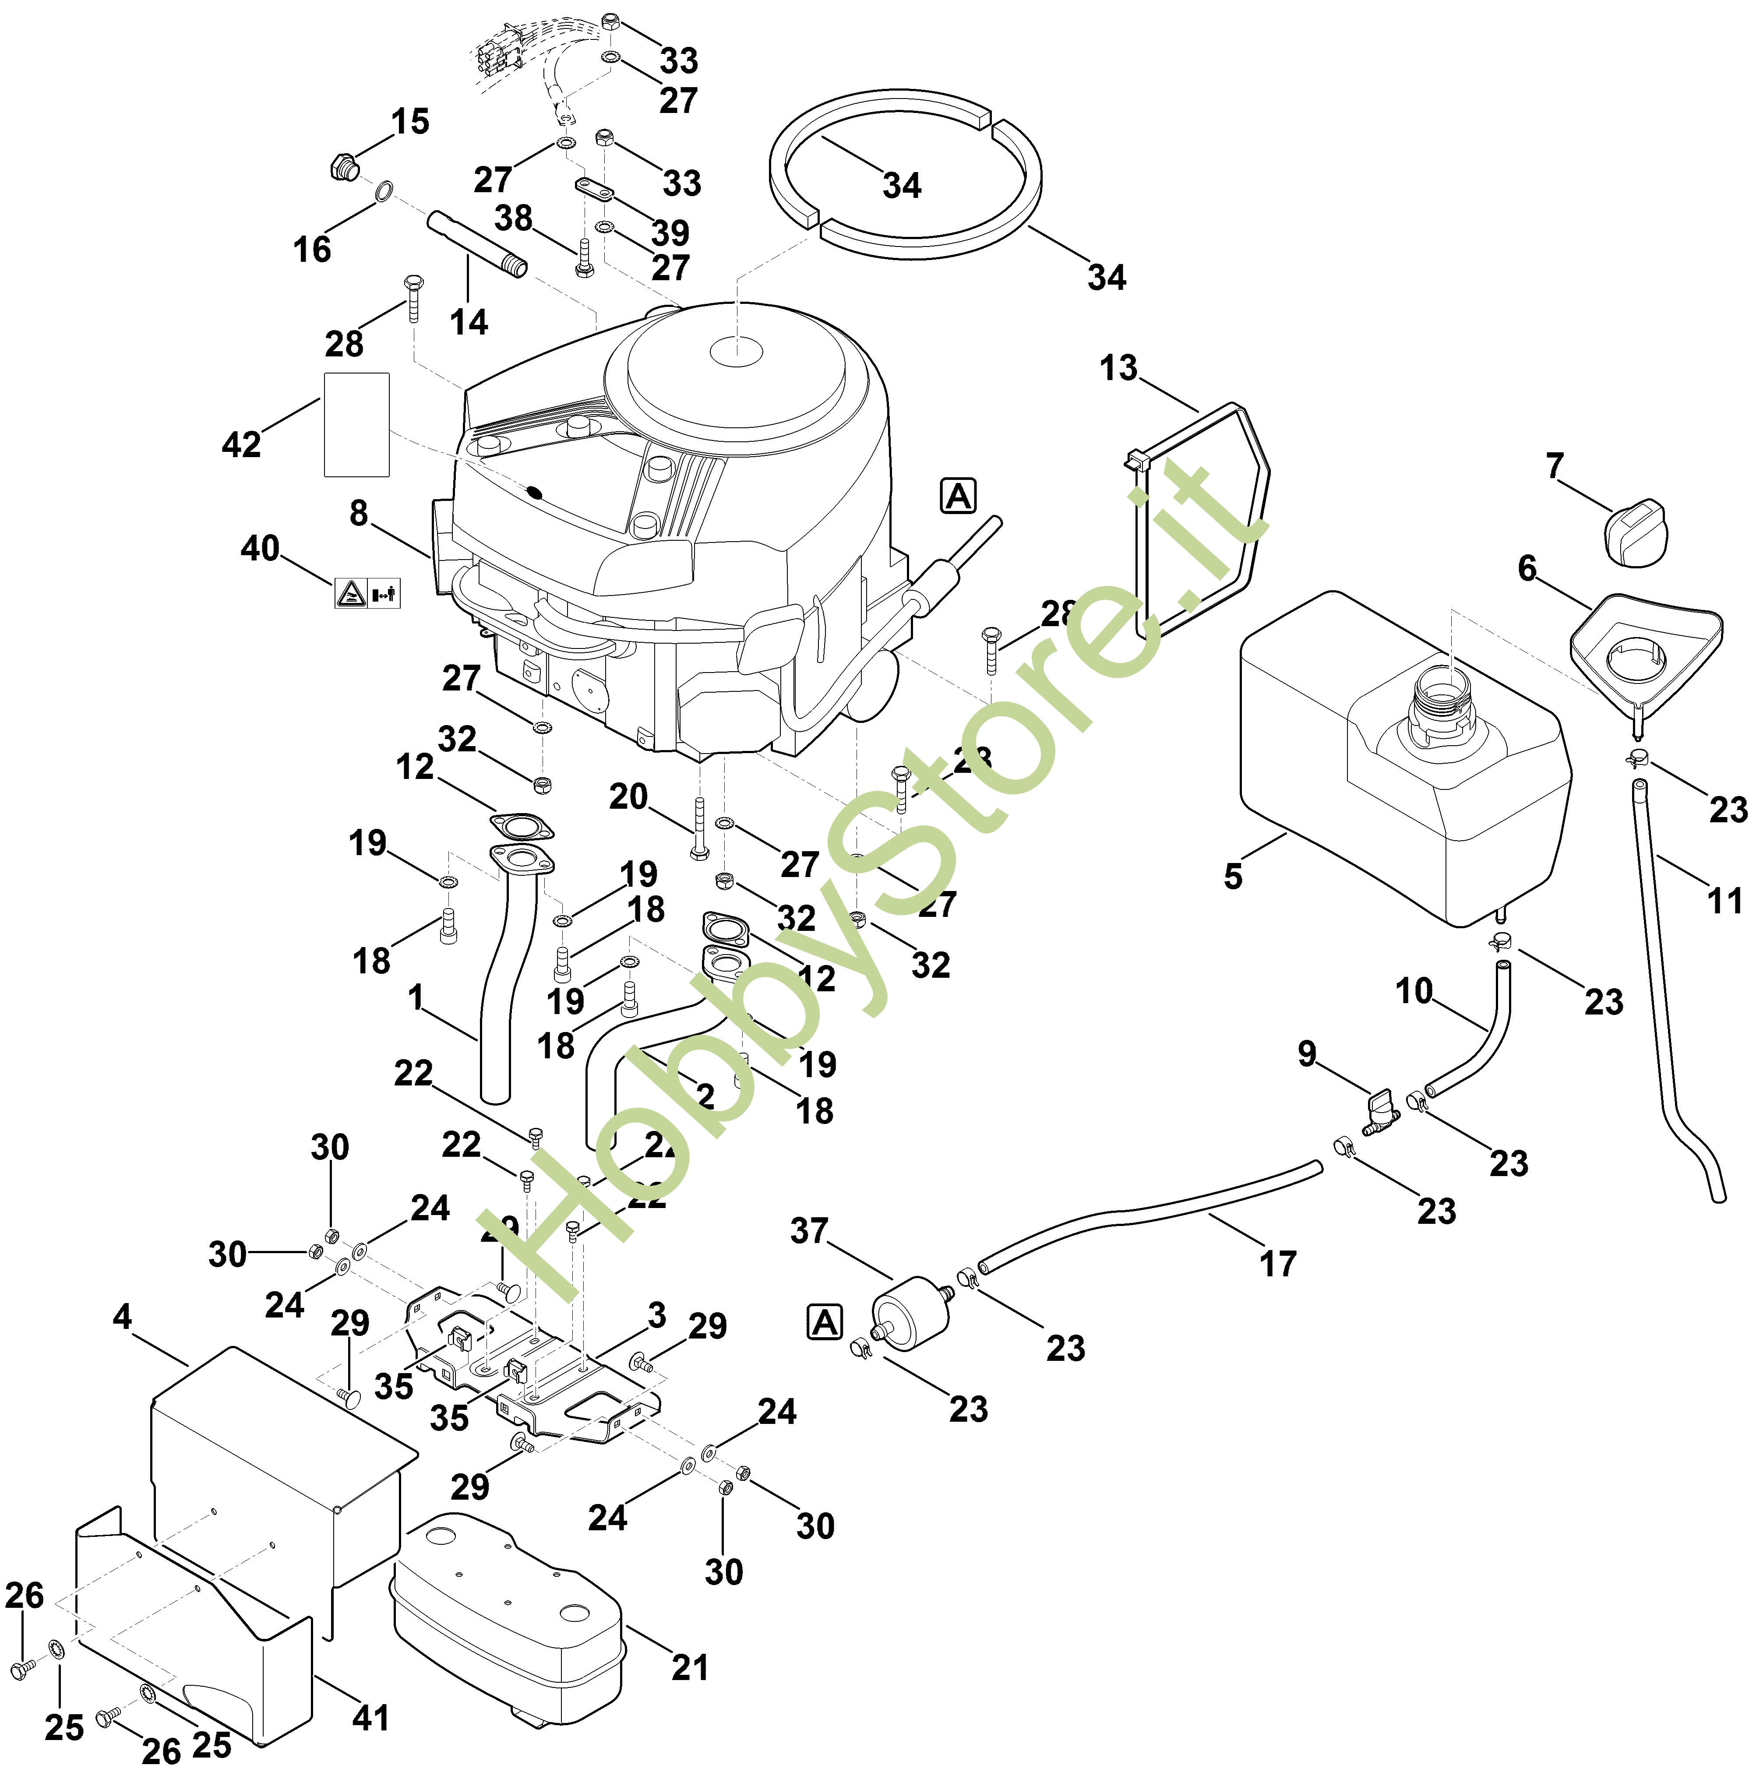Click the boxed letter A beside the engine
(x=958, y=497)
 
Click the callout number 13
(x=1118, y=368)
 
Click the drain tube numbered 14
(x=476, y=244)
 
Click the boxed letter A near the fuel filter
(x=825, y=1323)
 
